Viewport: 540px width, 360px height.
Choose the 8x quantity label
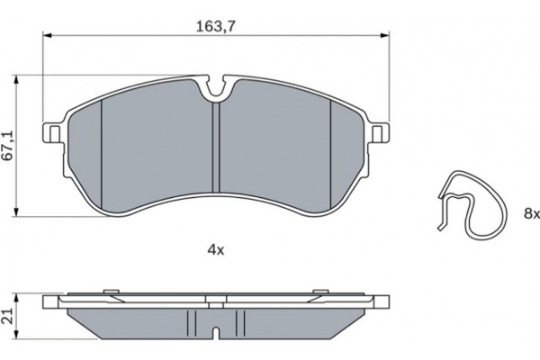(x=532, y=213)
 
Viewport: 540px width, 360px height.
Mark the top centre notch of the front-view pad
(x=216, y=88)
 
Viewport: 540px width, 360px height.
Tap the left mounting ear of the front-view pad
(x=52, y=134)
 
